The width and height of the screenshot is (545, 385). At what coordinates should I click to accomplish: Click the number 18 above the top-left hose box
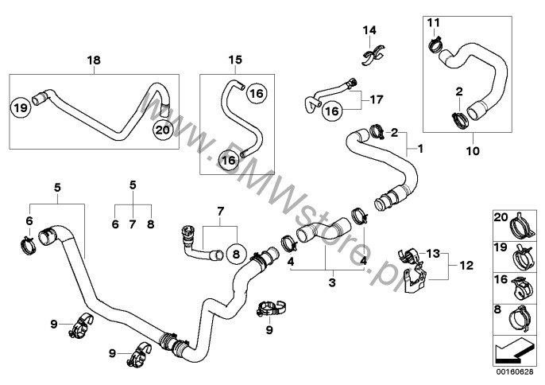click(94, 60)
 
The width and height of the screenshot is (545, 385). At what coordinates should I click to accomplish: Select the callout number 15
click(234, 60)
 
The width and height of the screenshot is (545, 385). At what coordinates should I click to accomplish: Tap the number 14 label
click(368, 30)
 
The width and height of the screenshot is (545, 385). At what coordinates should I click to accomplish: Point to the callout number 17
click(376, 99)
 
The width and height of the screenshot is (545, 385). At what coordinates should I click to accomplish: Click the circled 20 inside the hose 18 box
click(162, 130)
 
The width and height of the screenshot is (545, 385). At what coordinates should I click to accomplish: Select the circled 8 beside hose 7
click(236, 255)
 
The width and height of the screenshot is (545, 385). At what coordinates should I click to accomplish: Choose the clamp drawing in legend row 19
click(522, 255)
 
